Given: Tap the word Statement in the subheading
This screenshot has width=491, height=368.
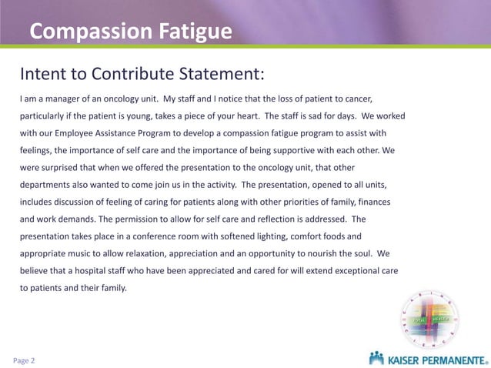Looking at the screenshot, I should point(217,74).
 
